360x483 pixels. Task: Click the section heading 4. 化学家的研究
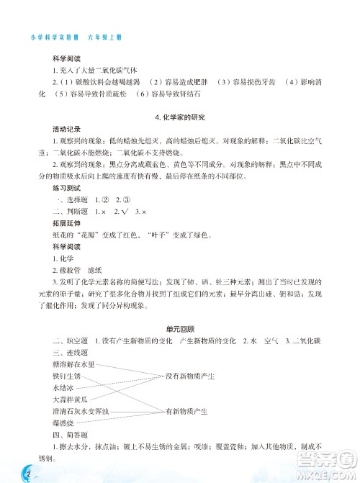coord(180,117)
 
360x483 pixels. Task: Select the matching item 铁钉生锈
coord(66,376)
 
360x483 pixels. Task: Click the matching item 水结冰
coord(63,387)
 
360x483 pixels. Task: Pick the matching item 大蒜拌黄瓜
coord(70,399)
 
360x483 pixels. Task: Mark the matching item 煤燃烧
coord(63,423)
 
